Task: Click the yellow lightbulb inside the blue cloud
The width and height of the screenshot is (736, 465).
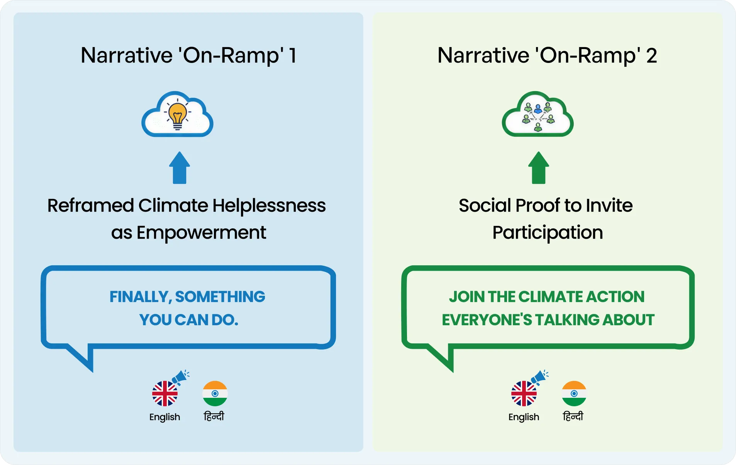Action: tap(177, 115)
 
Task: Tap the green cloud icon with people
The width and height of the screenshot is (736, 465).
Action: tap(538, 114)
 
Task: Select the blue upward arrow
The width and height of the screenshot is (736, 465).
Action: tap(180, 168)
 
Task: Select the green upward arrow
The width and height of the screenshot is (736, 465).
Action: tap(538, 168)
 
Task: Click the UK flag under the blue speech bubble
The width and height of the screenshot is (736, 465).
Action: tap(165, 394)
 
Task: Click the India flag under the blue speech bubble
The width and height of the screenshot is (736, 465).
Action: tap(215, 394)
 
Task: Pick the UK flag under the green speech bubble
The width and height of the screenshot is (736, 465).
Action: tap(524, 394)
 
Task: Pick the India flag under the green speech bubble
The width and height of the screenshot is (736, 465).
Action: tap(574, 394)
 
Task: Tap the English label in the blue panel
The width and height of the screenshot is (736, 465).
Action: tap(164, 417)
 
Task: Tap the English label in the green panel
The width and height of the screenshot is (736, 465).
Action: tap(524, 417)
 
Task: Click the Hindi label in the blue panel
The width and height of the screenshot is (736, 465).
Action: tap(214, 416)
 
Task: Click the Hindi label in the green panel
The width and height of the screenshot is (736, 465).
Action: tap(573, 416)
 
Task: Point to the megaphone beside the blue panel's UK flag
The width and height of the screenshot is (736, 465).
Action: tap(180, 377)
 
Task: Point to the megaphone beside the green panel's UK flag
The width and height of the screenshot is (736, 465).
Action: tap(539, 377)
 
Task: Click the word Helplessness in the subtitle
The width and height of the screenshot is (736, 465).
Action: tap(269, 205)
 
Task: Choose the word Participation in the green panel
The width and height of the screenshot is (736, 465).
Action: tap(548, 232)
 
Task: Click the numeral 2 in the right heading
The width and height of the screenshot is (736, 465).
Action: tap(651, 56)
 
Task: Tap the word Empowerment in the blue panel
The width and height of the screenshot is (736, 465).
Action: tap(201, 232)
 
